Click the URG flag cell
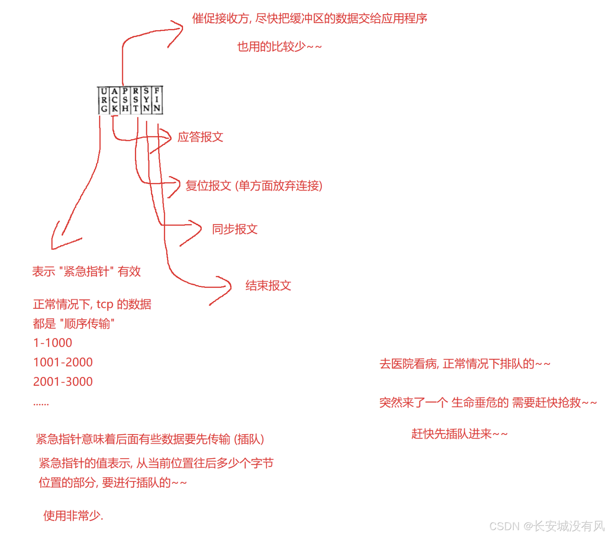click(104, 100)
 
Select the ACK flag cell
click(115, 100)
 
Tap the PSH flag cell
click(125, 100)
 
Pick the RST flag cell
click(136, 100)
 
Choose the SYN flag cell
click(146, 100)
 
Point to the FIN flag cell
click(157, 100)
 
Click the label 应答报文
click(200, 137)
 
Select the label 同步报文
click(235, 229)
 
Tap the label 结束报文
click(268, 286)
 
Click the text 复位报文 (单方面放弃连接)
click(254, 186)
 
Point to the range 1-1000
click(52, 343)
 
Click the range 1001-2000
click(63, 362)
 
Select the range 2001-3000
click(63, 381)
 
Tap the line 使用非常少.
click(73, 516)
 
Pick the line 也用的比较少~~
click(279, 47)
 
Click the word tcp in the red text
click(105, 304)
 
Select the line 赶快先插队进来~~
click(459, 434)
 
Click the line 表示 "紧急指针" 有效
click(86, 271)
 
